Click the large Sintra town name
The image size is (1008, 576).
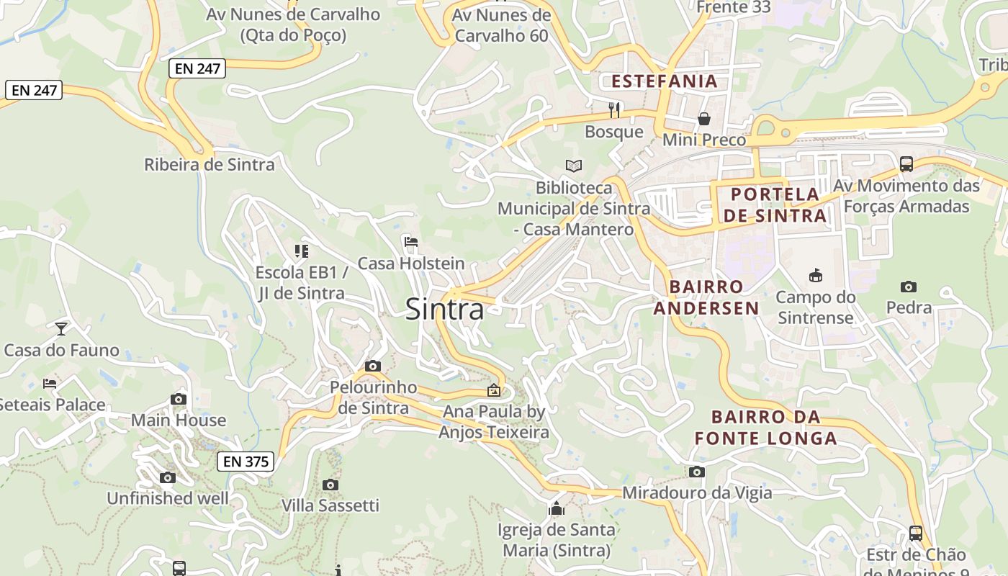(444, 309)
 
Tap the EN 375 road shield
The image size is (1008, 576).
(246, 462)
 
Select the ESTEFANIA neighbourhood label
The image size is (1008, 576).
(665, 81)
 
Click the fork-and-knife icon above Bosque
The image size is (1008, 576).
(614, 109)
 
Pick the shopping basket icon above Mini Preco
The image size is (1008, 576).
(704, 119)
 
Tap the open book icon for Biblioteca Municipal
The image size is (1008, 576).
(574, 166)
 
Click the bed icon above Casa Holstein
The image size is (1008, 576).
(411, 242)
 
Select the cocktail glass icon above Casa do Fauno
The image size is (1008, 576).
(61, 329)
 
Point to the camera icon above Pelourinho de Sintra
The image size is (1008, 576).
(372, 366)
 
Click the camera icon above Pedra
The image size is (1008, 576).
(909, 287)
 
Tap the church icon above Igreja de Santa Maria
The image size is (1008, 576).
(556, 509)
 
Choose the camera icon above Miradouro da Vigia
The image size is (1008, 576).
(696, 472)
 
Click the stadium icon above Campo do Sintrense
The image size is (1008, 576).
(815, 276)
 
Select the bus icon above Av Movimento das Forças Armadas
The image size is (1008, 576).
(906, 164)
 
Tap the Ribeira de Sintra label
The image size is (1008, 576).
(210, 165)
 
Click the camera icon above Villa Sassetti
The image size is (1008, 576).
(330, 485)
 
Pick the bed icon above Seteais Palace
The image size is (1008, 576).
(50, 384)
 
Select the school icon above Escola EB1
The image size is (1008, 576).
(301, 251)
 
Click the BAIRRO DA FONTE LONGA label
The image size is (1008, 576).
(766, 427)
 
